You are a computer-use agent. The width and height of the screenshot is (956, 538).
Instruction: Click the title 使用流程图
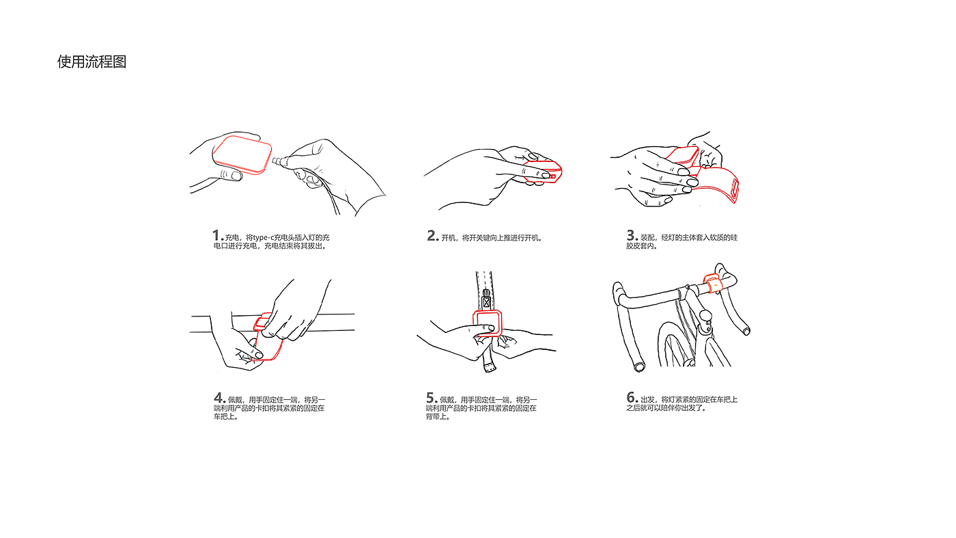[x=92, y=62]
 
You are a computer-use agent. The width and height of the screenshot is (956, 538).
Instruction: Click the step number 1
[x=216, y=235]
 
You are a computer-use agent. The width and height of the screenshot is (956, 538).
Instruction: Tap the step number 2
[x=432, y=236]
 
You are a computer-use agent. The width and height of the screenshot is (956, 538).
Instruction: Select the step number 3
[x=631, y=235]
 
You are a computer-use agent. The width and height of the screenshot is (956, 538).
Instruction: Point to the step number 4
[x=219, y=398]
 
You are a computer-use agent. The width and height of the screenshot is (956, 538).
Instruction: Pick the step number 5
[x=431, y=398]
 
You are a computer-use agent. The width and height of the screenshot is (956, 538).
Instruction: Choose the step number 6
[x=631, y=397]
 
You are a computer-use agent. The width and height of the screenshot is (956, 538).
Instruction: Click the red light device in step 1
[x=242, y=154]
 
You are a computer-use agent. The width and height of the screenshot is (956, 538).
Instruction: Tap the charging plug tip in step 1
[x=275, y=161]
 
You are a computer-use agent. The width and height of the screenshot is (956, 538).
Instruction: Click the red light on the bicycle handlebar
[x=712, y=284]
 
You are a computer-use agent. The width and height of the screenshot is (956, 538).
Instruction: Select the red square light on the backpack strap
[x=487, y=323]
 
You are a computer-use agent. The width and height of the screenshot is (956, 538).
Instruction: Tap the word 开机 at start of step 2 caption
[x=448, y=238]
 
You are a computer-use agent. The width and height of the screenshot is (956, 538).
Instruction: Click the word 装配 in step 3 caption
[x=647, y=238]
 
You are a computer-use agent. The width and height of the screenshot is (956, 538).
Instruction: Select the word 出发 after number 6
[x=647, y=399]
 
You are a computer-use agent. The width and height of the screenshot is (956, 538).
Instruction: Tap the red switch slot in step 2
[x=552, y=176]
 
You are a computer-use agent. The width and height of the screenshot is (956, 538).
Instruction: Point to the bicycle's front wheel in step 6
[x=677, y=345]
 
